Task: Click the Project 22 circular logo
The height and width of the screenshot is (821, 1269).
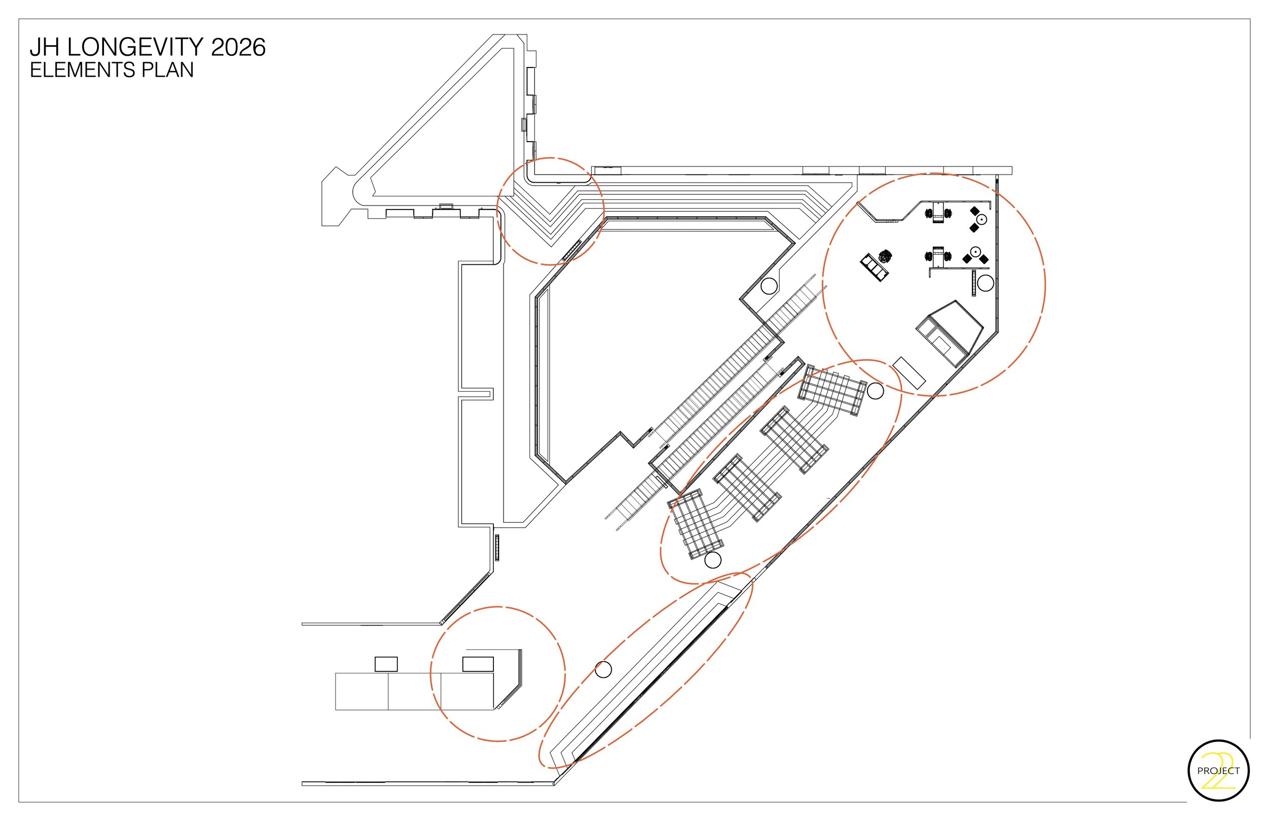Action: (1218, 770)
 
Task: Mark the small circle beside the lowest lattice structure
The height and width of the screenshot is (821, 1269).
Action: (713, 560)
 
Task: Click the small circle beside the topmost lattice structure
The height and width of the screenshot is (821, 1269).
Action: (875, 391)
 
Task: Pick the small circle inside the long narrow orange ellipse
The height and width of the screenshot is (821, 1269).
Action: (603, 670)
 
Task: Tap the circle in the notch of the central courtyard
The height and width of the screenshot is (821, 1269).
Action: (769, 286)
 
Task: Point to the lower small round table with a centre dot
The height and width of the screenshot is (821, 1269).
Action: (975, 251)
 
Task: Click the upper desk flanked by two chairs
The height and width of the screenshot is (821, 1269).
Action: (939, 212)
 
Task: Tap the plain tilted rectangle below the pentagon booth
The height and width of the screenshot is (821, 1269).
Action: (909, 372)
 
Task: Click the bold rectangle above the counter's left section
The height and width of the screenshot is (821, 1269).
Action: (386, 664)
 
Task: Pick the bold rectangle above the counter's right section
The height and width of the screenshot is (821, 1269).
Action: (478, 664)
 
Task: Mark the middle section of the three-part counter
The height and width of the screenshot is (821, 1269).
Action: (414, 692)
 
